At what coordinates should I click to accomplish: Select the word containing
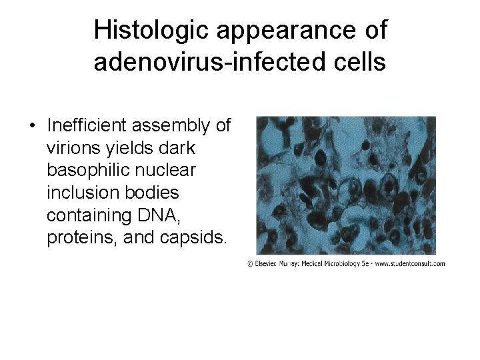(89, 216)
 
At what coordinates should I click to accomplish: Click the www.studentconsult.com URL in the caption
(409, 264)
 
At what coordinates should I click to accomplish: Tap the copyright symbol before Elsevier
(250, 264)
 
